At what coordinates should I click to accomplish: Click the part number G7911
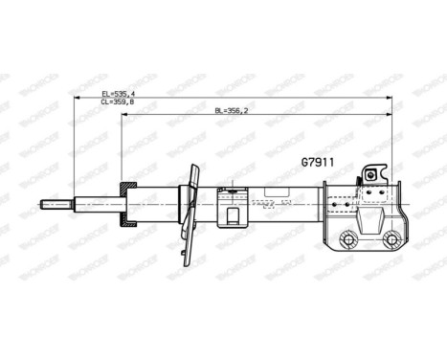pos(319,163)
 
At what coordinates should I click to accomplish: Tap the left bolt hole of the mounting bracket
pos(348,239)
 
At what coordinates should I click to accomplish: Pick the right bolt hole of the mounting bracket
pos(391,239)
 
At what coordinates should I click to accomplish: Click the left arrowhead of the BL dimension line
pos(123,114)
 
